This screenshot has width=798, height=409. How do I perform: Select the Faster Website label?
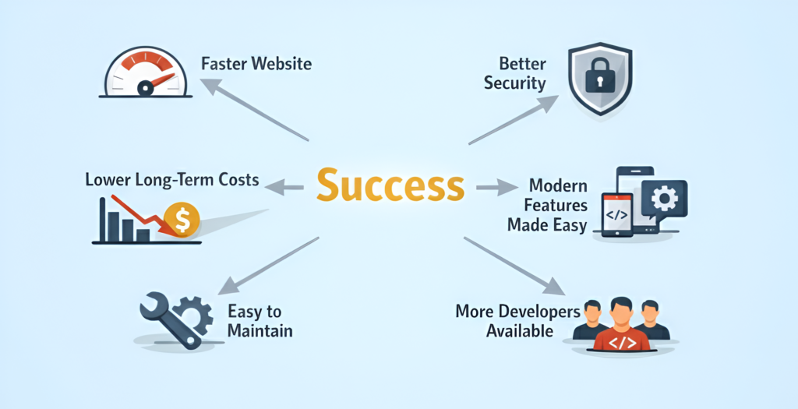(x=256, y=63)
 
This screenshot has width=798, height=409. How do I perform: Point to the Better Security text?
(x=514, y=73)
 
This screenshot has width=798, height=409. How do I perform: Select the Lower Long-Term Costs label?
(x=171, y=180)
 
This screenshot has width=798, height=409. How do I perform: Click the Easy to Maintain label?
(x=260, y=321)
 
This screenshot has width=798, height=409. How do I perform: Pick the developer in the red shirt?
(x=621, y=326)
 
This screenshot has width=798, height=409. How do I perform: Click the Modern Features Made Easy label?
(x=546, y=206)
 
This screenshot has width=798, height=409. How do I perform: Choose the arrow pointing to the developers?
(x=514, y=266)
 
